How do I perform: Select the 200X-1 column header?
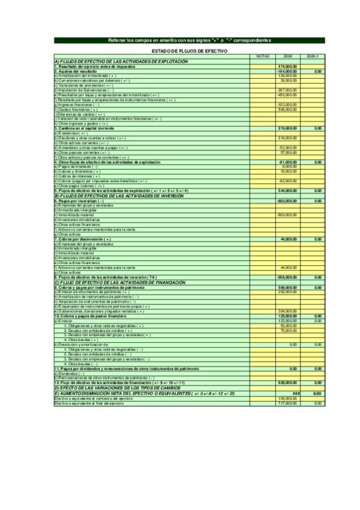[x=313, y=57]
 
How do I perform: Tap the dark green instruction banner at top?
[x=189, y=40]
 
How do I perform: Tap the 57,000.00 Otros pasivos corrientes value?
[x=288, y=152]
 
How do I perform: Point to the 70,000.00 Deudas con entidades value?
[x=288, y=330]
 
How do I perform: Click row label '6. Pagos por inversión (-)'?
[x=79, y=200]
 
